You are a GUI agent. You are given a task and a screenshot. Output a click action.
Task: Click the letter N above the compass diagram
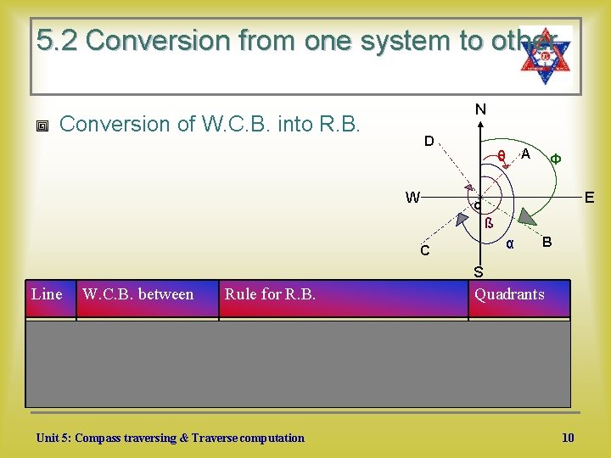pyautogui.click(x=480, y=109)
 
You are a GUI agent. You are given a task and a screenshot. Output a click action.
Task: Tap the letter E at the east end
pyautogui.click(x=589, y=198)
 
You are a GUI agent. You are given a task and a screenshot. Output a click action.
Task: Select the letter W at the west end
pyautogui.click(x=412, y=198)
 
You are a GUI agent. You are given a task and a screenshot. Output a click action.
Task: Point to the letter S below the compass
pyautogui.click(x=479, y=272)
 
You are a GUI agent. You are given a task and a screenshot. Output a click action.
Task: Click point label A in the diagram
pyautogui.click(x=526, y=154)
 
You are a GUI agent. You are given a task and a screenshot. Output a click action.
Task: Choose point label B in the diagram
pyautogui.click(x=547, y=242)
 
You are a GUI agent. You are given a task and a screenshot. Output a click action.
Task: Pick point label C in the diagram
pyautogui.click(x=424, y=251)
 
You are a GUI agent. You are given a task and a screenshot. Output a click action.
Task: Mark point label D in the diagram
pyautogui.click(x=429, y=140)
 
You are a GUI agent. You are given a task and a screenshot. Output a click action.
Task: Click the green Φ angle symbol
pyautogui.click(x=554, y=158)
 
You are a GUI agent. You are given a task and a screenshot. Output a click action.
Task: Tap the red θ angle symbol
pyautogui.click(x=502, y=155)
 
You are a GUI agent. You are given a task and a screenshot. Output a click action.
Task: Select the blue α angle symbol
pyautogui.click(x=509, y=243)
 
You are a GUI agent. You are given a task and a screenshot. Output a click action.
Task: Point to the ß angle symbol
pyautogui.click(x=489, y=225)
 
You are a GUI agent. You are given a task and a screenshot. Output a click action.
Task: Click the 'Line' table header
pyautogui.click(x=47, y=294)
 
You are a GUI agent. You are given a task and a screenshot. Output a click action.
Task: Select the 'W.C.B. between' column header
pyautogui.click(x=137, y=294)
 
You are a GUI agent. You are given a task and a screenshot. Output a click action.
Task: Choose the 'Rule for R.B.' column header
pyautogui.click(x=270, y=294)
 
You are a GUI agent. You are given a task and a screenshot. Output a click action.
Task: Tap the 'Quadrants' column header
pyautogui.click(x=509, y=294)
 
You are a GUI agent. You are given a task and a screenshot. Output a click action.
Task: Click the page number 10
pyautogui.click(x=568, y=438)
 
